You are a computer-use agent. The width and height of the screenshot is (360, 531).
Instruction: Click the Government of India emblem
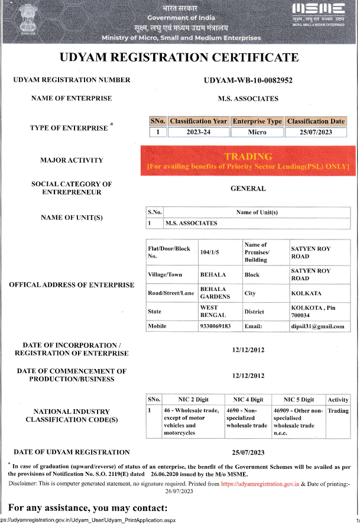tap(26, 19)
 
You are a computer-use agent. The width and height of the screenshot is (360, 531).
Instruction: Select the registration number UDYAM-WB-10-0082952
tap(248, 80)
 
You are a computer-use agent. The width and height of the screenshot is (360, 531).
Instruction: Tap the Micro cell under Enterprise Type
tap(257, 132)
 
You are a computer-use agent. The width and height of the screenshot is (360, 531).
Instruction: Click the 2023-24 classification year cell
tap(198, 132)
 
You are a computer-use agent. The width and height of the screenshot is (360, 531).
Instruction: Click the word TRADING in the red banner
tap(248, 157)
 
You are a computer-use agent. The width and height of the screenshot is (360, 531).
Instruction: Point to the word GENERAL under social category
tap(248, 189)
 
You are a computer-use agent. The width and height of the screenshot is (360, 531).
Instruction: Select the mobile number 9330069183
tap(216, 326)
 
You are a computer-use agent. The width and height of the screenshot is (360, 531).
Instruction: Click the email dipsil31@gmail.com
tap(317, 326)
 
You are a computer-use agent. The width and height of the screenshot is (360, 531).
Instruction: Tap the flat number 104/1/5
tap(210, 252)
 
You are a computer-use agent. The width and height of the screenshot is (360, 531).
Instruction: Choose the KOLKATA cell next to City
tap(306, 293)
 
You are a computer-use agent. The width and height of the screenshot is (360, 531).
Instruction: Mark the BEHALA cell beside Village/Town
tap(213, 274)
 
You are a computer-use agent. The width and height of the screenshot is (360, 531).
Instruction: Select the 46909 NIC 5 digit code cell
tap(298, 421)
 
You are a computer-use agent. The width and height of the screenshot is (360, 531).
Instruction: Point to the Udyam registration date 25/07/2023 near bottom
tap(248, 452)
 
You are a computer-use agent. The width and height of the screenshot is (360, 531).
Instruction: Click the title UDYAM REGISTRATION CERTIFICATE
tap(179, 58)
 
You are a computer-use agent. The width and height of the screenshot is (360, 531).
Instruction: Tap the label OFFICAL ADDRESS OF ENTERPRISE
tap(72, 285)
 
